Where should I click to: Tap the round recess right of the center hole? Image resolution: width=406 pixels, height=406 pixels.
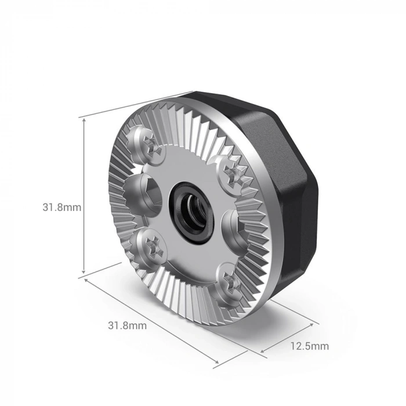pos(230,223)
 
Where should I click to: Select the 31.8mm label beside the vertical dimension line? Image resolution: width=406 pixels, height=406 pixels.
pos(61,207)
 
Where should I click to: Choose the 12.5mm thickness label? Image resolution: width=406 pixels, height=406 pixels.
pos(309,346)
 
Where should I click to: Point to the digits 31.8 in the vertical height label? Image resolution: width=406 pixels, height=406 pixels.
pos(55,207)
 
